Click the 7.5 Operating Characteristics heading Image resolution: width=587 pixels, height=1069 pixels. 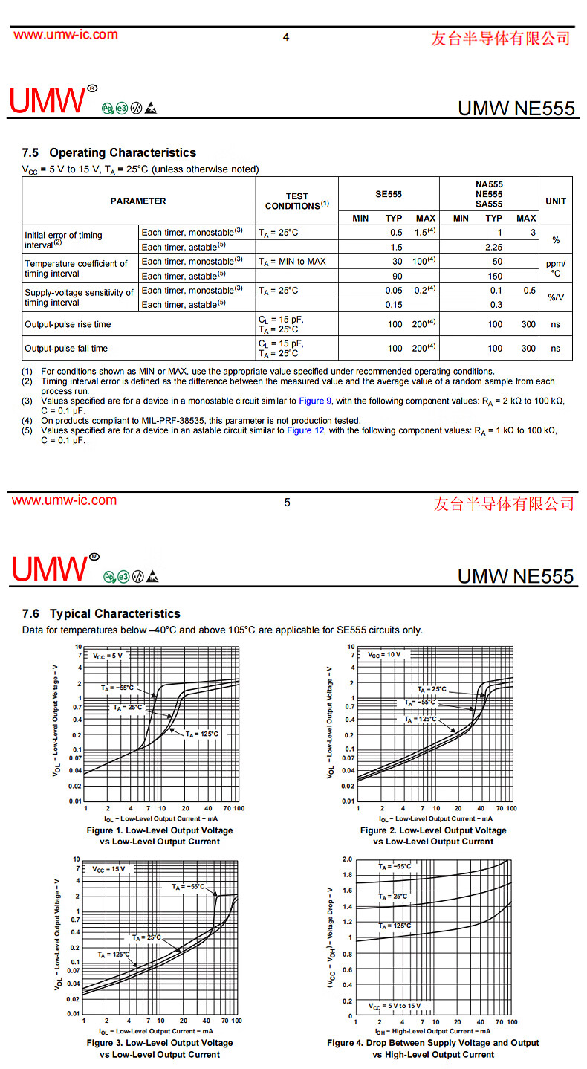tap(109, 152)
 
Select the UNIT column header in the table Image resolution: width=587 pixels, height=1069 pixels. tap(555, 201)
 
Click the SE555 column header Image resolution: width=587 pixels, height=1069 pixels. tap(388, 194)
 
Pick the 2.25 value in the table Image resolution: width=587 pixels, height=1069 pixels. tap(494, 247)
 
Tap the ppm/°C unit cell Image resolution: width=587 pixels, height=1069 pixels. tap(555, 268)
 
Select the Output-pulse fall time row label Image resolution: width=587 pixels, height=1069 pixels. tap(66, 348)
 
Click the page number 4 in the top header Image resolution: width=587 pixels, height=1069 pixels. tap(286, 37)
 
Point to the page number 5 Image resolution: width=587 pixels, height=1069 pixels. tap(287, 503)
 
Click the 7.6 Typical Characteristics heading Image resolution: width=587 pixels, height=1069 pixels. tap(101, 613)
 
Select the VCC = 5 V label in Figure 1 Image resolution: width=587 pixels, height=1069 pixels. tap(107, 656)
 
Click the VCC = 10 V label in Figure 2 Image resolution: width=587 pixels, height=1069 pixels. tap(383, 655)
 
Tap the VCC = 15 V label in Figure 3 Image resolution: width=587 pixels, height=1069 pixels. tap(108, 868)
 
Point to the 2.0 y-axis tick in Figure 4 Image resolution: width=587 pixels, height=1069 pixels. tap(347, 859)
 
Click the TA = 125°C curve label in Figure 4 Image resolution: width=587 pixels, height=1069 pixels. tap(395, 926)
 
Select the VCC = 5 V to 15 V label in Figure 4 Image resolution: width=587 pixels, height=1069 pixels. tap(395, 1006)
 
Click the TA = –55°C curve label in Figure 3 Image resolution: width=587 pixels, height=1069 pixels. tap(188, 886)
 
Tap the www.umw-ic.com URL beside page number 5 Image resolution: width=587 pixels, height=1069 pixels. tap(64, 500)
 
